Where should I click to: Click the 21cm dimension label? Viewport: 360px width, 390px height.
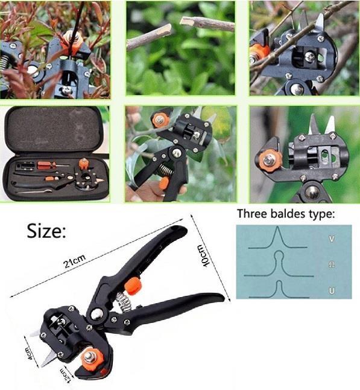[x=75, y=261]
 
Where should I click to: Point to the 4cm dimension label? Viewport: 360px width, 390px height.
[x=29, y=353]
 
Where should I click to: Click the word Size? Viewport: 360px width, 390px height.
[x=46, y=231]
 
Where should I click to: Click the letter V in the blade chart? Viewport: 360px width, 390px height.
[x=332, y=239]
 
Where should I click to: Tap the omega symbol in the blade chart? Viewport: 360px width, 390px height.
[x=332, y=265]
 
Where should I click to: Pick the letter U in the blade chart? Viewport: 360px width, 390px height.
[x=332, y=290]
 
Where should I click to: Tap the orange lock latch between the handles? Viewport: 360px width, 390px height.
[x=133, y=286]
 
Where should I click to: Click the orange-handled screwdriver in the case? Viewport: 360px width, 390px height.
[x=53, y=164]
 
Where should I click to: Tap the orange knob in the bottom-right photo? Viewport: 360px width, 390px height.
[x=269, y=161]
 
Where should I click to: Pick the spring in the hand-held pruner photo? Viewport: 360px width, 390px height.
[x=165, y=171]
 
